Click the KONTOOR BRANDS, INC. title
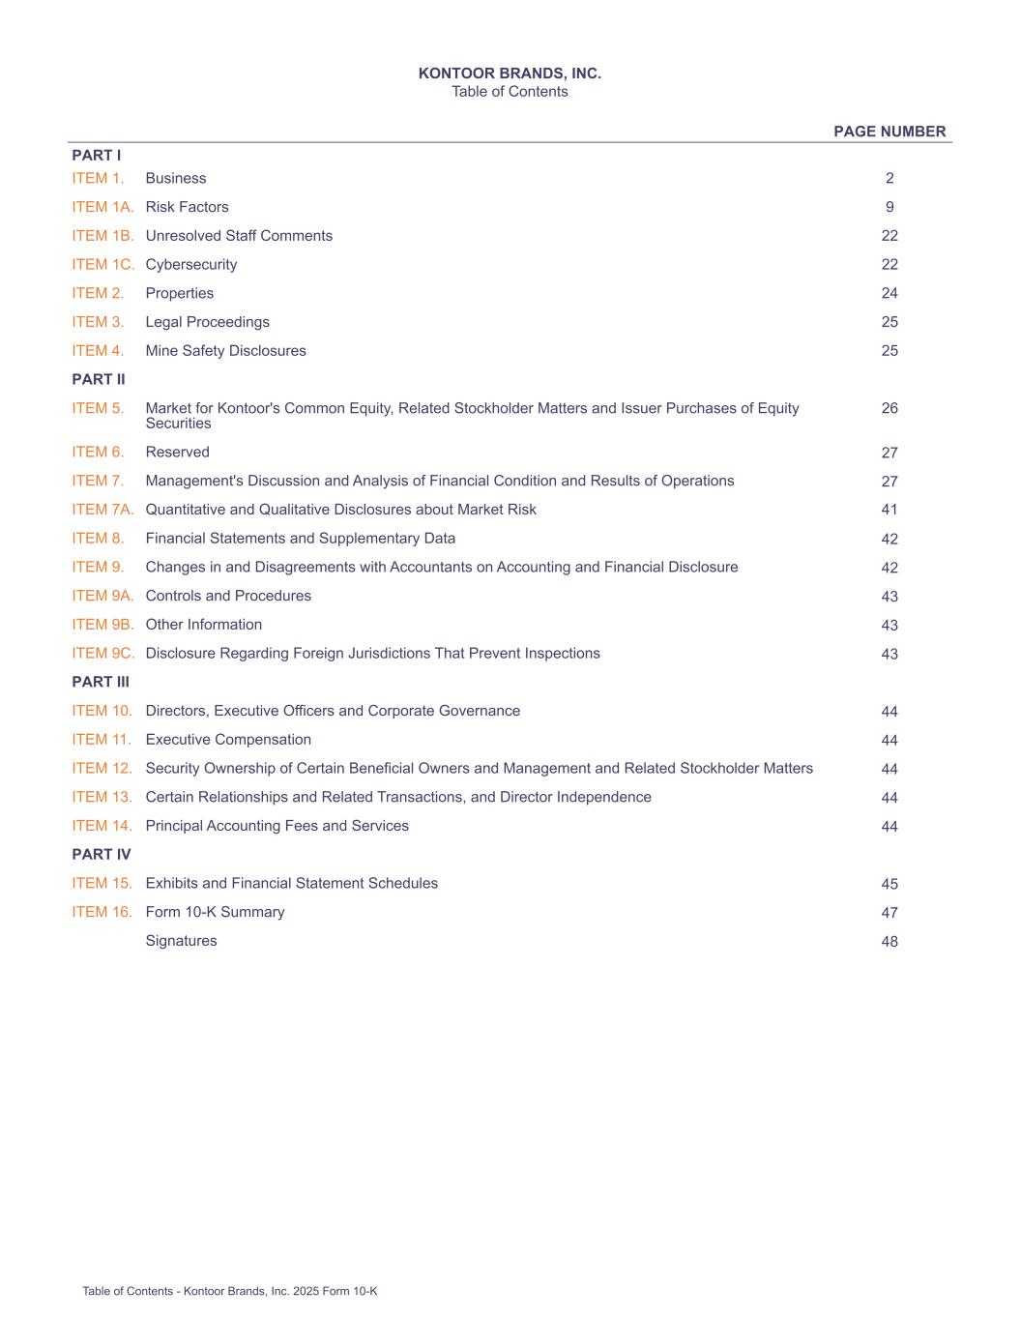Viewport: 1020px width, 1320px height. (510, 73)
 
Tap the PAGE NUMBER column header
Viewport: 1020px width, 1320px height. (889, 132)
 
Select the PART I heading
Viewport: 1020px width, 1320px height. (97, 155)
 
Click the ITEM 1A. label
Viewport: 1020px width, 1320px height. (102, 207)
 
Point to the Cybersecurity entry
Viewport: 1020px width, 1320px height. (191, 264)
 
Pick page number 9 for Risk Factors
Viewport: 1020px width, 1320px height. (889, 207)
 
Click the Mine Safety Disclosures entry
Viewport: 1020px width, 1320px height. (225, 351)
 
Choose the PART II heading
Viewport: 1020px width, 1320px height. (99, 379)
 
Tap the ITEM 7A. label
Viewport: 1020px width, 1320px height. (102, 510)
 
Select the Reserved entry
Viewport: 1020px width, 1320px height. (177, 452)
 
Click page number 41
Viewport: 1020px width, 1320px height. (889, 510)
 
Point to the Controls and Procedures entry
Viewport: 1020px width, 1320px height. (228, 596)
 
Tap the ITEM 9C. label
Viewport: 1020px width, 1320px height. (102, 654)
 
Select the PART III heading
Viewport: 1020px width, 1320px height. (101, 682)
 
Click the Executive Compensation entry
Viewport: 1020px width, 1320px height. (228, 740)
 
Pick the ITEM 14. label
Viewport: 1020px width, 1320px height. (102, 826)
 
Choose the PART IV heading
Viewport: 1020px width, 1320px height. (102, 854)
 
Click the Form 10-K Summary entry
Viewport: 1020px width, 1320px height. (215, 912)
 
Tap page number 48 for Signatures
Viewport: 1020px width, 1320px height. (889, 941)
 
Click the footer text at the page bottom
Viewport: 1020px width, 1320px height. (230, 1291)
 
